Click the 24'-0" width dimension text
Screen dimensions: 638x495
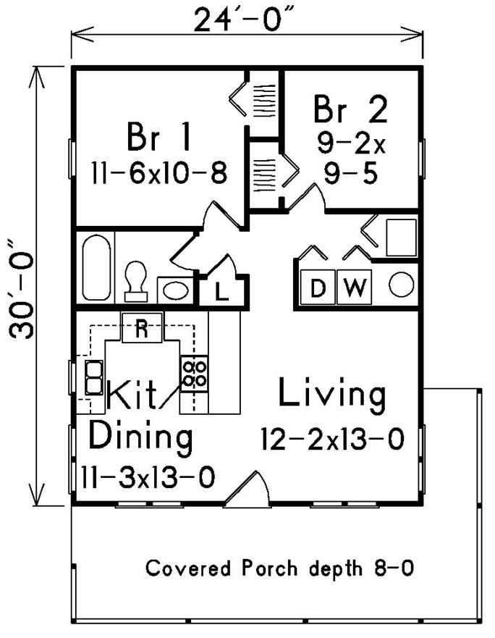pyautogui.click(x=244, y=20)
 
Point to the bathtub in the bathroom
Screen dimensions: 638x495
pyautogui.click(x=96, y=266)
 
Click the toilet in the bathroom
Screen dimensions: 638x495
pyautogui.click(x=135, y=280)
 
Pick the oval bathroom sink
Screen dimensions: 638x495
pyautogui.click(x=175, y=290)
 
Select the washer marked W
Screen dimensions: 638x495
pyautogui.click(x=353, y=287)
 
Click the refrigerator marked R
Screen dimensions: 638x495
pyautogui.click(x=142, y=327)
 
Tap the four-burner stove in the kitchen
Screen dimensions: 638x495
pyautogui.click(x=193, y=374)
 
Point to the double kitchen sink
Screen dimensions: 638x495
pyautogui.click(x=93, y=376)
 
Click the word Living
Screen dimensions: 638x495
pyautogui.click(x=332, y=395)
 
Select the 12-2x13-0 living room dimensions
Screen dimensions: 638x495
pyautogui.click(x=332, y=438)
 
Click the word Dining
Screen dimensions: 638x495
pyautogui.click(x=140, y=437)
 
